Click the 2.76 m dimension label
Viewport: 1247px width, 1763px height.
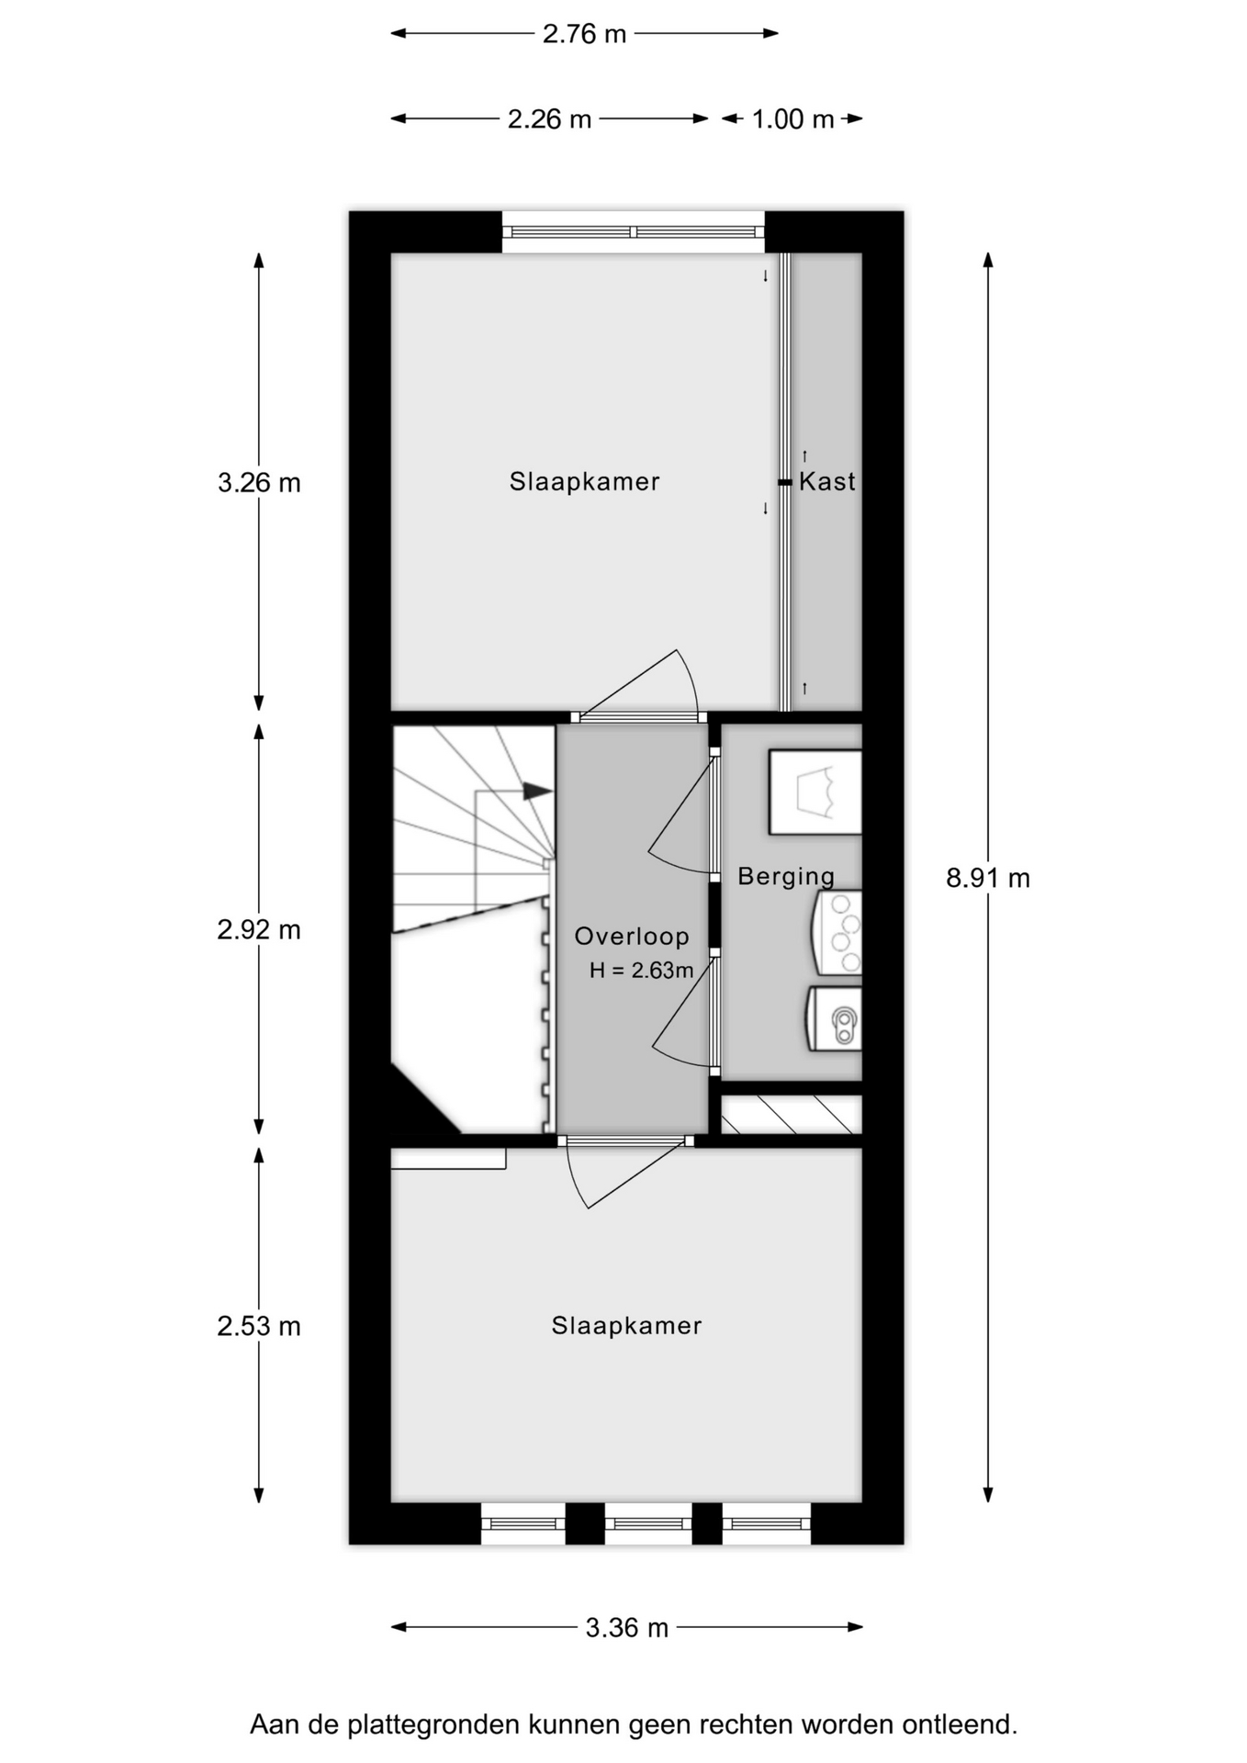pyautogui.click(x=584, y=34)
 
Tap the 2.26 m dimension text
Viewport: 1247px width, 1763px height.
pyautogui.click(x=549, y=119)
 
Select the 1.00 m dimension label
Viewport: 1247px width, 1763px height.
pyautogui.click(x=792, y=119)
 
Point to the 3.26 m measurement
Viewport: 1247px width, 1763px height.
pyautogui.click(x=259, y=483)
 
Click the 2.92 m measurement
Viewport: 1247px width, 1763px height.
pyautogui.click(x=259, y=930)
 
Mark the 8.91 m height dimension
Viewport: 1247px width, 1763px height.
pyautogui.click(x=988, y=879)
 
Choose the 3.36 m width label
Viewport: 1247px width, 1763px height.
pyautogui.click(x=627, y=1628)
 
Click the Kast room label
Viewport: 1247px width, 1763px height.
pyautogui.click(x=827, y=481)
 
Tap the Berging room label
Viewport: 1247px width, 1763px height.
pyautogui.click(x=786, y=877)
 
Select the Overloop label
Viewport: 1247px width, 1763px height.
pyautogui.click(x=632, y=937)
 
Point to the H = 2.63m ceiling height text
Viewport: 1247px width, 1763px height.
pyautogui.click(x=641, y=971)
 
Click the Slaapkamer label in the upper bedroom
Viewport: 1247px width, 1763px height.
pyautogui.click(x=585, y=482)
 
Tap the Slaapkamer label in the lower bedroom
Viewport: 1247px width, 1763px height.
pyautogui.click(x=627, y=1326)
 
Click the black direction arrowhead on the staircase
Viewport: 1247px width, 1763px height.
pyautogui.click(x=537, y=790)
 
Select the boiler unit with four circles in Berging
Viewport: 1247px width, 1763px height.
pyautogui.click(x=837, y=933)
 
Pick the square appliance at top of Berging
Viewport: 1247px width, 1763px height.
pyautogui.click(x=815, y=792)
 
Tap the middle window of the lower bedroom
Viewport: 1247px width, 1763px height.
pyautogui.click(x=648, y=1524)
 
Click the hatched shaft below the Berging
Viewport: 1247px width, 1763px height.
pyautogui.click(x=792, y=1115)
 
